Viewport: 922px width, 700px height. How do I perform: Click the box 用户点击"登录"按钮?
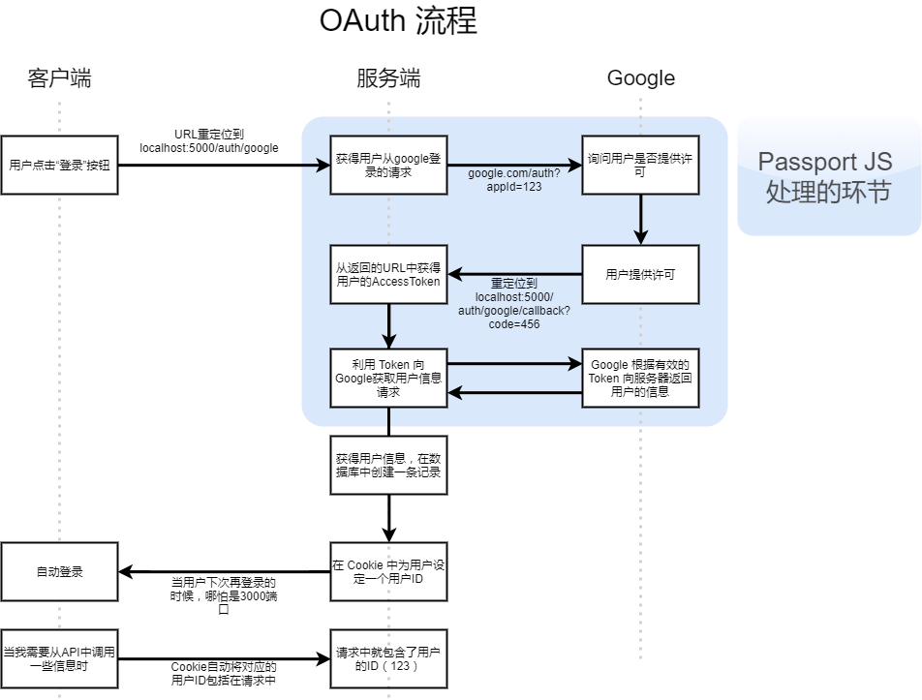tap(59, 165)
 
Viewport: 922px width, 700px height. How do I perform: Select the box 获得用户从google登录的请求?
tap(388, 165)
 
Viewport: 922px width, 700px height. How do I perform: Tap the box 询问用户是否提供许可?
tap(639, 165)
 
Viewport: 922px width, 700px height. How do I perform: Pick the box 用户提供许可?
tap(639, 274)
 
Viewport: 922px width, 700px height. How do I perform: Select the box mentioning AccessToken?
tap(388, 274)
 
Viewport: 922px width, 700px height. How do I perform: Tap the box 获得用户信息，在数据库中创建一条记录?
tap(388, 465)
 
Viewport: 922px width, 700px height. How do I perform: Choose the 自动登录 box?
tap(59, 571)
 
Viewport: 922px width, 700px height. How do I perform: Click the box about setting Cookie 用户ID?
tap(388, 572)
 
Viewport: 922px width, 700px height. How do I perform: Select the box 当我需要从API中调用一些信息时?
tap(59, 660)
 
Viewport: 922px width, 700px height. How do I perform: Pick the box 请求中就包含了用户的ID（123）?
tap(388, 660)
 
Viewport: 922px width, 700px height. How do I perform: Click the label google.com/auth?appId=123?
tap(513, 180)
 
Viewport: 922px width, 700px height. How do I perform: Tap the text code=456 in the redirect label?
tap(514, 324)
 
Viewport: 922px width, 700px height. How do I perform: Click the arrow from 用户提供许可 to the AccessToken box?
tap(513, 274)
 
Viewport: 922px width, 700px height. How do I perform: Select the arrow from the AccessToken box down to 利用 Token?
tap(388, 326)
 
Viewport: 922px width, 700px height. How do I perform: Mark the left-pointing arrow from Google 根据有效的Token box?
tap(513, 393)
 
